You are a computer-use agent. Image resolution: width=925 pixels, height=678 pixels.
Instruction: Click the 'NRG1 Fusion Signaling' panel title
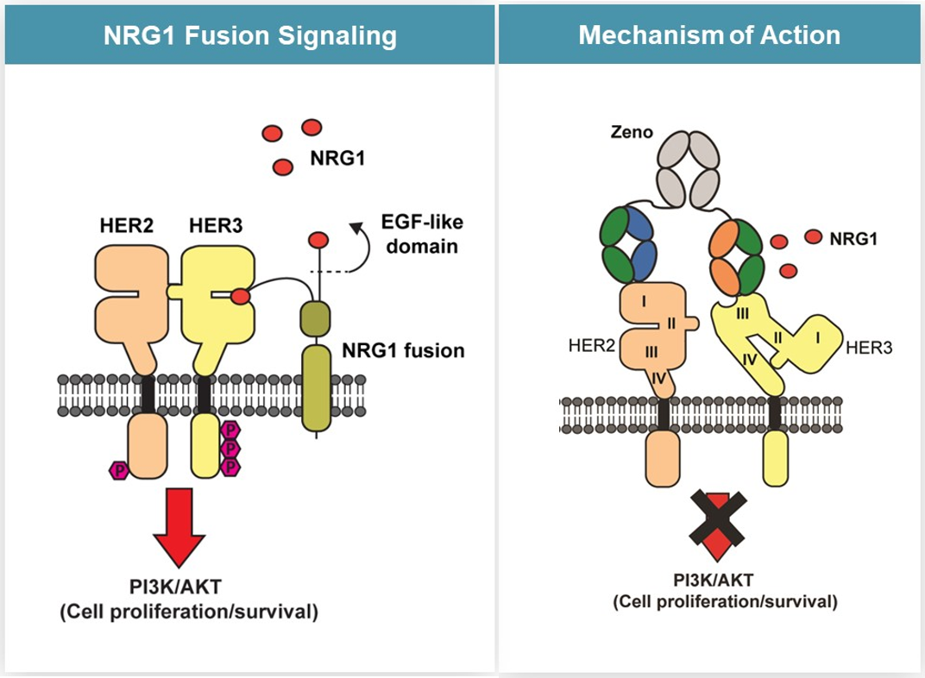pos(249,35)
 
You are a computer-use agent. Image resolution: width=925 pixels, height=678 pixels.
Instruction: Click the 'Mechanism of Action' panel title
pos(709,35)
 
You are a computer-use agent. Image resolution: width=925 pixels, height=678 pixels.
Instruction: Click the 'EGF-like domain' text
pos(421,234)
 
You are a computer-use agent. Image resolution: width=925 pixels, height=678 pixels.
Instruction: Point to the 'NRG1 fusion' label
pos(402,350)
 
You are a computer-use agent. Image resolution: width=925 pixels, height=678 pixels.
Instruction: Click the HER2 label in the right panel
pos(591,345)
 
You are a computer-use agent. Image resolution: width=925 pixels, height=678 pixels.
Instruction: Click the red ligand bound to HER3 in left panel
pos(241,297)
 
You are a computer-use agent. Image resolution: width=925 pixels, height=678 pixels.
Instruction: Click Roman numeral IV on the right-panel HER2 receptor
pos(658,377)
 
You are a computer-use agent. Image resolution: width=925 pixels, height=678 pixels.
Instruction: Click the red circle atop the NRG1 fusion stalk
pos(318,239)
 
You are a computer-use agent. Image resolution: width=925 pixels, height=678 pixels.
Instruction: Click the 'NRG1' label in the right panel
pos(853,239)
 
